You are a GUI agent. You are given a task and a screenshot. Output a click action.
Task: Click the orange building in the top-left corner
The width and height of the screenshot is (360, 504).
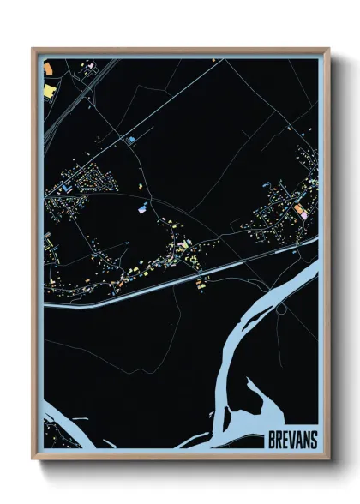coord(48,88)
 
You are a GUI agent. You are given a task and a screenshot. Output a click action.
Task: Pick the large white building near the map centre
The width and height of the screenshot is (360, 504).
coord(142,207)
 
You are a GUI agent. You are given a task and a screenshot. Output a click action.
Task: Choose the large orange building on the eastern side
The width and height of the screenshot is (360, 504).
coord(298,209)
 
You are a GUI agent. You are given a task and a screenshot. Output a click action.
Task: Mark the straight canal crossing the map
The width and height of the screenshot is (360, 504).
coord(171,279)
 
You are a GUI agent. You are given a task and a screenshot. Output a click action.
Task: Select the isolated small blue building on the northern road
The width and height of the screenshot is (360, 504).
coord(132,138)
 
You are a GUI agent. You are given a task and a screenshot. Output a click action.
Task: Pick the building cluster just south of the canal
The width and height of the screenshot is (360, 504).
coord(201,284)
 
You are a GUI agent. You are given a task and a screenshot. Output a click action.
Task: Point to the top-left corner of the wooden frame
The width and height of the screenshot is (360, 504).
coord(33,50)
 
